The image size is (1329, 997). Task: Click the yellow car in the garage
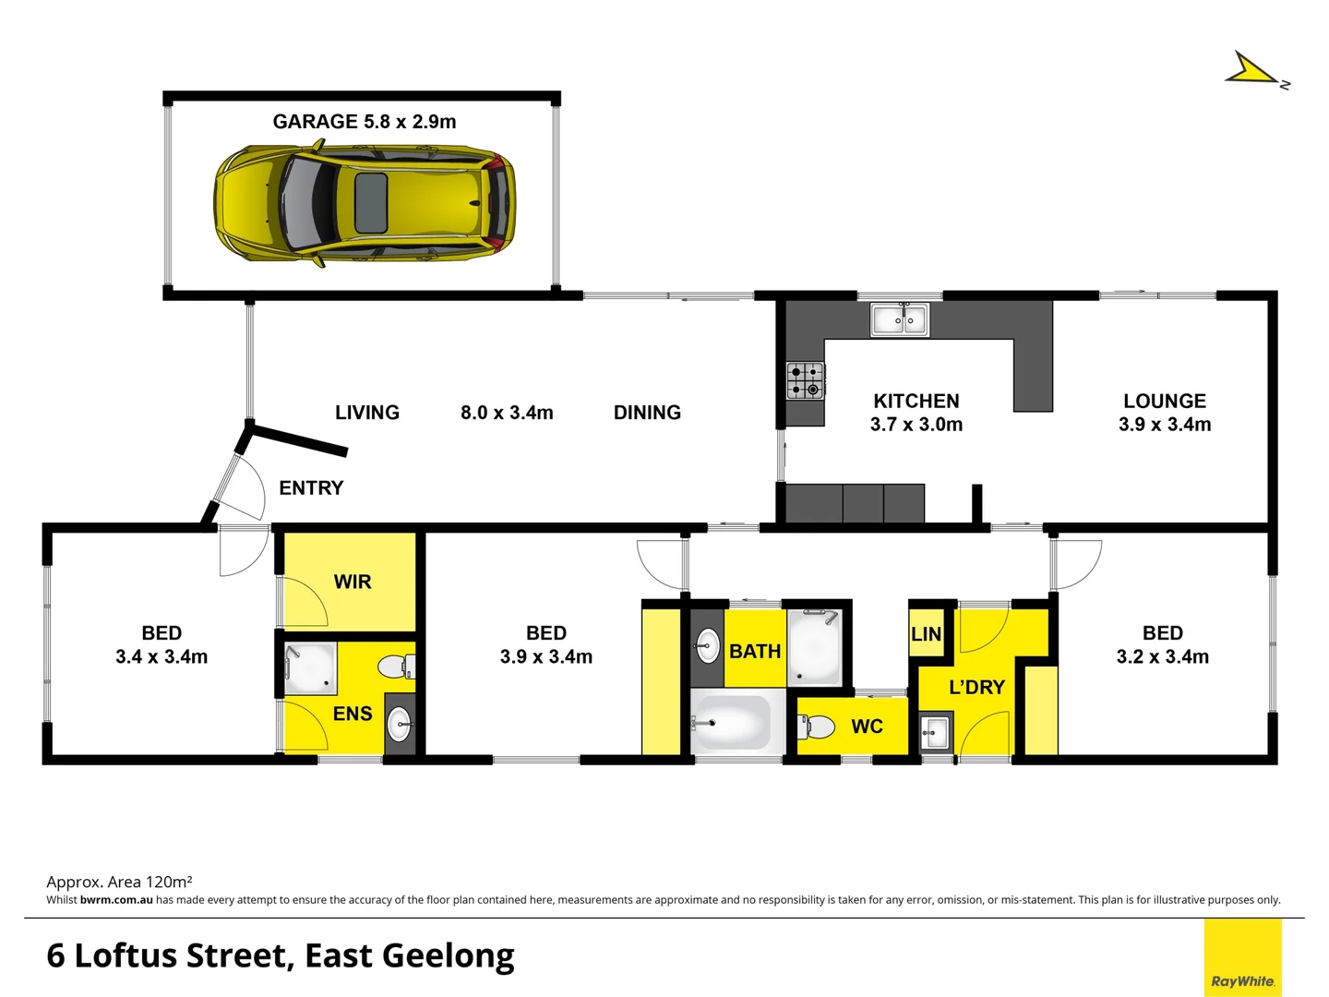tap(365, 204)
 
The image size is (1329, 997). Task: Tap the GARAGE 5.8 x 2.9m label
tap(364, 122)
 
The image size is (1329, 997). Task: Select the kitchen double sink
tap(900, 320)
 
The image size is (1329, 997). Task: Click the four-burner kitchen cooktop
tap(805, 380)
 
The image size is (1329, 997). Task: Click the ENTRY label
tap(311, 488)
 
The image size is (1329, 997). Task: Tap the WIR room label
tap(352, 582)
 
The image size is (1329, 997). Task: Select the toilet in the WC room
tap(816, 726)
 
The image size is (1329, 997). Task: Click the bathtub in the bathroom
tap(732, 723)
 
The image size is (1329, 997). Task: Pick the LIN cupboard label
tap(926, 634)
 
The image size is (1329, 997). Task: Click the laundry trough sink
tap(934, 734)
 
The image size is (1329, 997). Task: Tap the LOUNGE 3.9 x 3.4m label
tap(1164, 413)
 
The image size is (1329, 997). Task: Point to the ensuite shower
tap(308, 669)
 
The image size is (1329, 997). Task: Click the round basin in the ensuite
tap(399, 724)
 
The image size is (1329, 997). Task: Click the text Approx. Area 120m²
tap(119, 882)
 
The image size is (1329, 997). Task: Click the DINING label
tap(647, 413)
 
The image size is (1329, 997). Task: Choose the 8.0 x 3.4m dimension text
tap(507, 413)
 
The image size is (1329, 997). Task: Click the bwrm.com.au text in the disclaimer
tap(116, 900)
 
